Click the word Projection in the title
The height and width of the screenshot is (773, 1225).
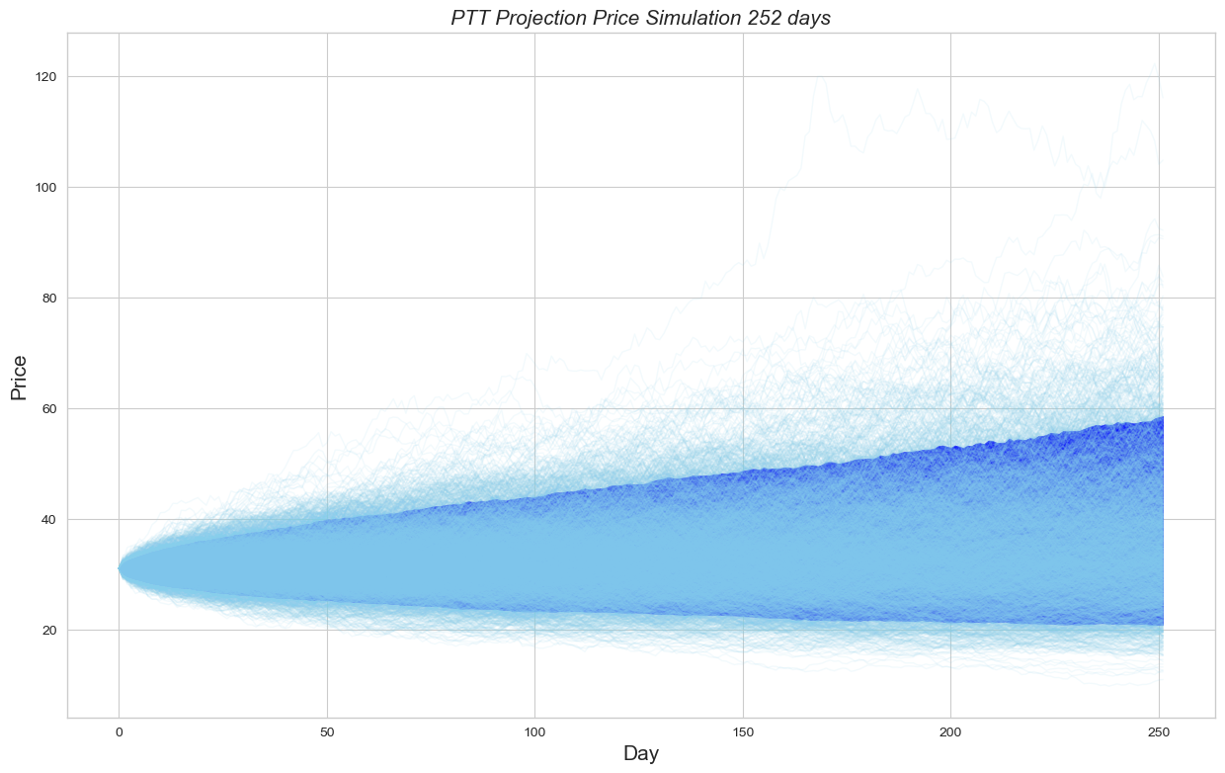click(546, 18)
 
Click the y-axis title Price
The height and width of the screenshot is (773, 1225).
click(18, 381)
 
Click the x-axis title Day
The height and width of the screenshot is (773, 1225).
click(641, 753)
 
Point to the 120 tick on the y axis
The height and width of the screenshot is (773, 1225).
click(45, 77)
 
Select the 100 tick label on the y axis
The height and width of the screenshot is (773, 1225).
click(45, 188)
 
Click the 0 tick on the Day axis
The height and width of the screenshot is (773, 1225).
click(119, 733)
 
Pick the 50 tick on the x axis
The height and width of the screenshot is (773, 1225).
click(327, 733)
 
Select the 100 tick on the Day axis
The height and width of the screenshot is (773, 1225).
click(534, 733)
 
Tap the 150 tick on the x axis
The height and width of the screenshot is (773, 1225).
click(743, 733)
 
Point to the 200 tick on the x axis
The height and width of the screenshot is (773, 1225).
click(950, 733)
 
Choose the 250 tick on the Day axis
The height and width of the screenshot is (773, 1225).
click(1159, 733)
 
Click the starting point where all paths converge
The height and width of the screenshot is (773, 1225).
click(120, 568)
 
